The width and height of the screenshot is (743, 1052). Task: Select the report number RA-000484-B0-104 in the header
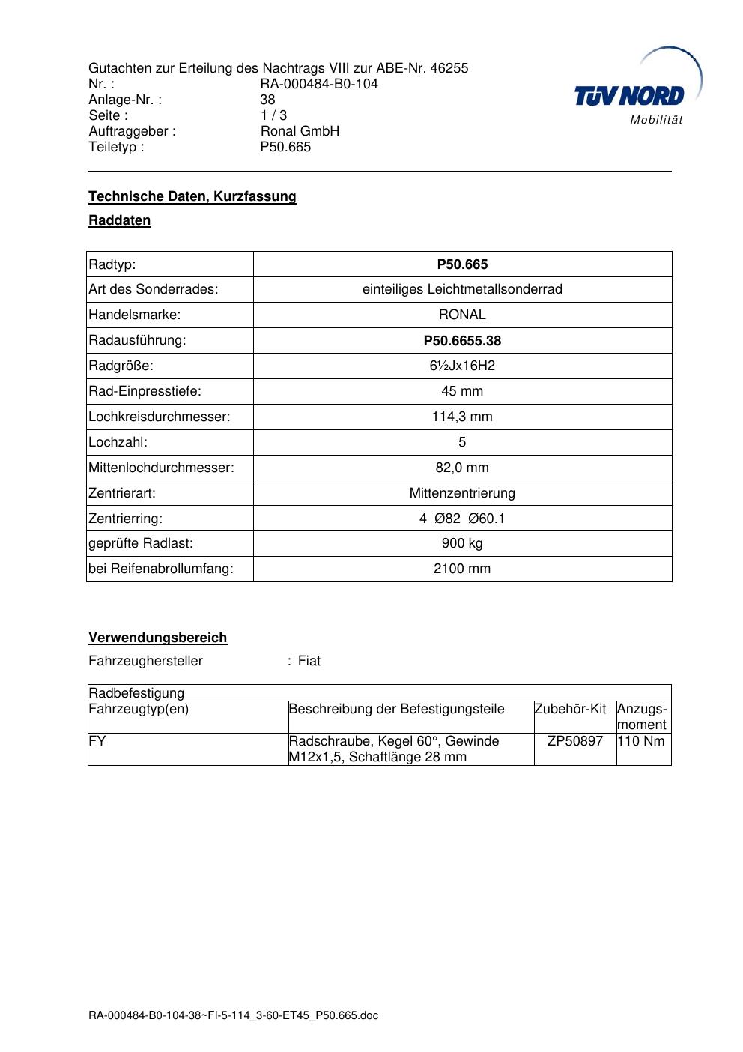click(x=319, y=84)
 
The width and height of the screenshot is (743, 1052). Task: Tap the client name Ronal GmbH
click(x=300, y=131)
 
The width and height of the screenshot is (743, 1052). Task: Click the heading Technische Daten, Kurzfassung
click(x=192, y=196)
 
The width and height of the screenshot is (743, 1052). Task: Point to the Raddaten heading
click(x=120, y=220)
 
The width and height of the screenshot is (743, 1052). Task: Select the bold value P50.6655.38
click(x=462, y=341)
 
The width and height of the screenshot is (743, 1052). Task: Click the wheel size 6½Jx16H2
click(x=462, y=366)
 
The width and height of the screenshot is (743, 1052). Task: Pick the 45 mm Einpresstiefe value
click(x=462, y=391)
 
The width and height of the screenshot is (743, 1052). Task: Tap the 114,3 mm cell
click(x=462, y=417)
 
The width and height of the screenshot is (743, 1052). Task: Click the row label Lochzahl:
click(x=118, y=442)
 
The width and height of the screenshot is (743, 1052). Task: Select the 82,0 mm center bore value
click(x=462, y=468)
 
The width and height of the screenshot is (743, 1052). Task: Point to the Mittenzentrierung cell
click(x=462, y=493)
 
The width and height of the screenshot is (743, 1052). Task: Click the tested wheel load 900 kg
click(x=462, y=543)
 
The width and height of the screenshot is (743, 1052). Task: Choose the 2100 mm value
click(x=462, y=569)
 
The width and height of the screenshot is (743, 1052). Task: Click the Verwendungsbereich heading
click(x=158, y=638)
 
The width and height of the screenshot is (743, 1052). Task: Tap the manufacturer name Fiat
click(x=309, y=661)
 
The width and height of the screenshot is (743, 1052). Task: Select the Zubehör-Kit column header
click(x=570, y=709)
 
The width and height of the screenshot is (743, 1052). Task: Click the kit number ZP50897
click(x=575, y=741)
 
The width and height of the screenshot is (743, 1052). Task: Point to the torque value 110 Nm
click(x=641, y=741)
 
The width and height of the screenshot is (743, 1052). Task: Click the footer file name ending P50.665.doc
click(x=234, y=1015)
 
